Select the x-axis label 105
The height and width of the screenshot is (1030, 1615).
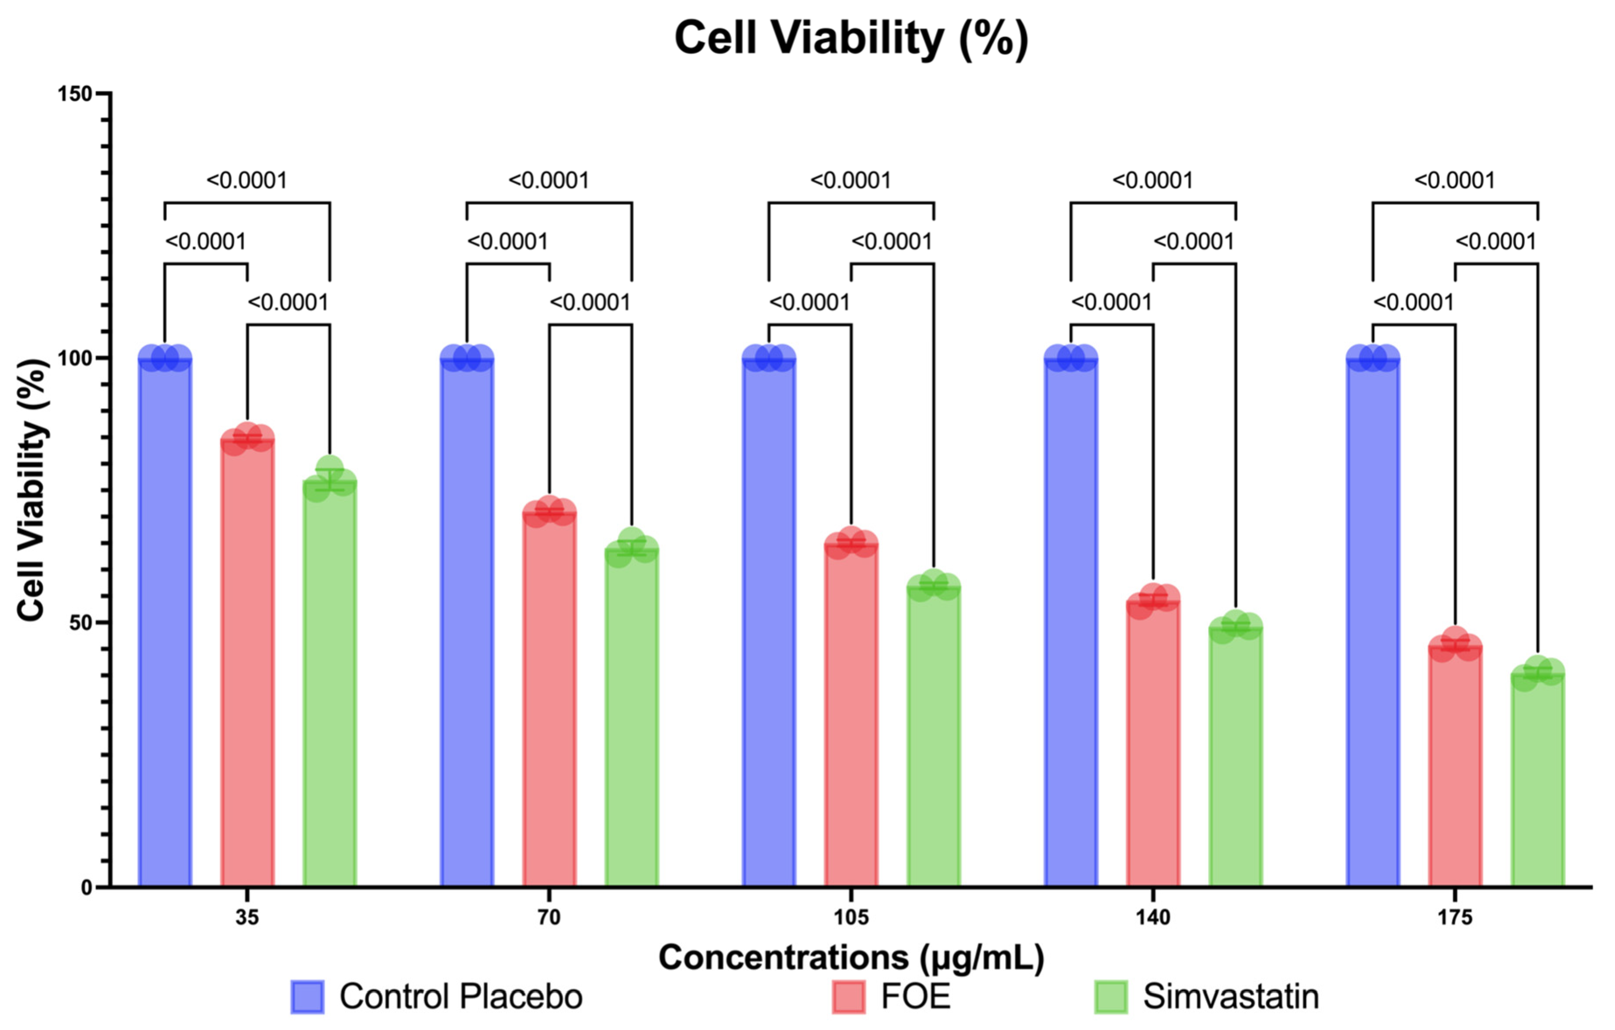[x=851, y=917]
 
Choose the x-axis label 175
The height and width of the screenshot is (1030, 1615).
[x=1454, y=917]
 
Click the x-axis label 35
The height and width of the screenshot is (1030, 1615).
[x=247, y=917]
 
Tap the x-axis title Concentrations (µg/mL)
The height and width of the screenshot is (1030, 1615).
[x=851, y=957]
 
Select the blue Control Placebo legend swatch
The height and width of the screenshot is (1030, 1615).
[x=307, y=996]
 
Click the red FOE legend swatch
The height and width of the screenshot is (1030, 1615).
[x=848, y=996]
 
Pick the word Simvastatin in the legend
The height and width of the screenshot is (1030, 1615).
[x=1230, y=996]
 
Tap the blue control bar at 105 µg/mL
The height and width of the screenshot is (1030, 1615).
[x=769, y=624]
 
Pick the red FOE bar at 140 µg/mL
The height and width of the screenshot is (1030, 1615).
[x=1153, y=744]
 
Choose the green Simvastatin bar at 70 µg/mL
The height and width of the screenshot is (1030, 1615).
[x=632, y=718]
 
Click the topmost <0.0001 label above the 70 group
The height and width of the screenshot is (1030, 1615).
[x=549, y=180]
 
